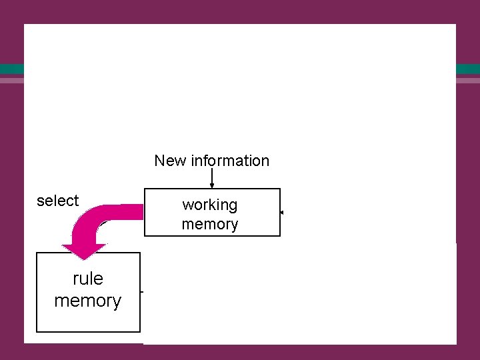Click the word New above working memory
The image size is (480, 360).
click(x=171, y=161)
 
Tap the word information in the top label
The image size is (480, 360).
click(x=229, y=161)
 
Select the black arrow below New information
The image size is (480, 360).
click(x=212, y=179)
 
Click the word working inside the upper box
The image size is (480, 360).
click(x=210, y=205)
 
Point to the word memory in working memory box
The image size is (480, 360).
click(x=210, y=224)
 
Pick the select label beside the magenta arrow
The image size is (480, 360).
click(x=57, y=201)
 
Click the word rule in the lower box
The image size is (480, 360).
click(x=88, y=278)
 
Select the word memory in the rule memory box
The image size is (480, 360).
click(x=88, y=301)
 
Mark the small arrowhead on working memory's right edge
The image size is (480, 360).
click(x=282, y=213)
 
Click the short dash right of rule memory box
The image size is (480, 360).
click(x=142, y=292)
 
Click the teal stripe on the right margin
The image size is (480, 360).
click(x=467, y=69)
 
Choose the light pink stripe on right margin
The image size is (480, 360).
click(x=467, y=80)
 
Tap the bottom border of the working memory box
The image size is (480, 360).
click(x=212, y=235)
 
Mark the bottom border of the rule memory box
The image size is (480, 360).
click(x=88, y=331)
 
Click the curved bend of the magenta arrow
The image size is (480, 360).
click(x=93, y=220)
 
